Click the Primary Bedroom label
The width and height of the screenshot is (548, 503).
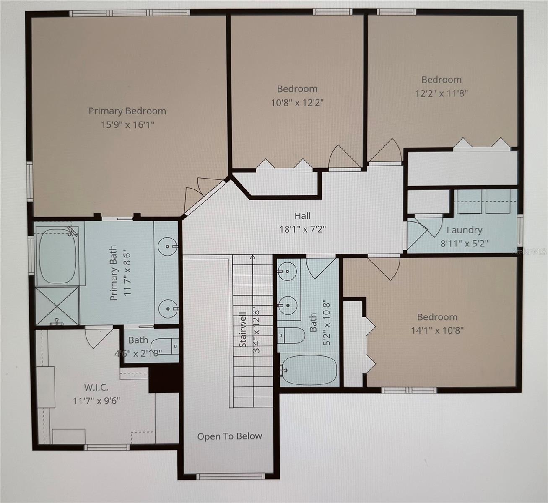pyautogui.click(x=127, y=111)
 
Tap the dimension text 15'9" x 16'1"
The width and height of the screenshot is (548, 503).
pyautogui.click(x=127, y=124)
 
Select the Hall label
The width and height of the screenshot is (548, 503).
pyautogui.click(x=302, y=215)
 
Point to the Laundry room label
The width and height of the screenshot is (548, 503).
pyautogui.click(x=464, y=230)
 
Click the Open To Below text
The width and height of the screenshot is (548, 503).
pyautogui.click(x=229, y=436)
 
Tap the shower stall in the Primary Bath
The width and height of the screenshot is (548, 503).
pyautogui.click(x=57, y=306)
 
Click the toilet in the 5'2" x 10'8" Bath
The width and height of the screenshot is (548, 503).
pyautogui.click(x=291, y=335)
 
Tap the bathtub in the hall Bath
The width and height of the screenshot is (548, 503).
pyautogui.click(x=309, y=370)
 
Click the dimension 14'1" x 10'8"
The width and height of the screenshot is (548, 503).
pyautogui.click(x=437, y=330)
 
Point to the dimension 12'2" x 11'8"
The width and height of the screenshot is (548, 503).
pyautogui.click(x=441, y=93)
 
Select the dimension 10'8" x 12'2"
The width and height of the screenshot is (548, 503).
pyautogui.click(x=297, y=102)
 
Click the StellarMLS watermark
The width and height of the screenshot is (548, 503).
pyautogui.click(x=530, y=252)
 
